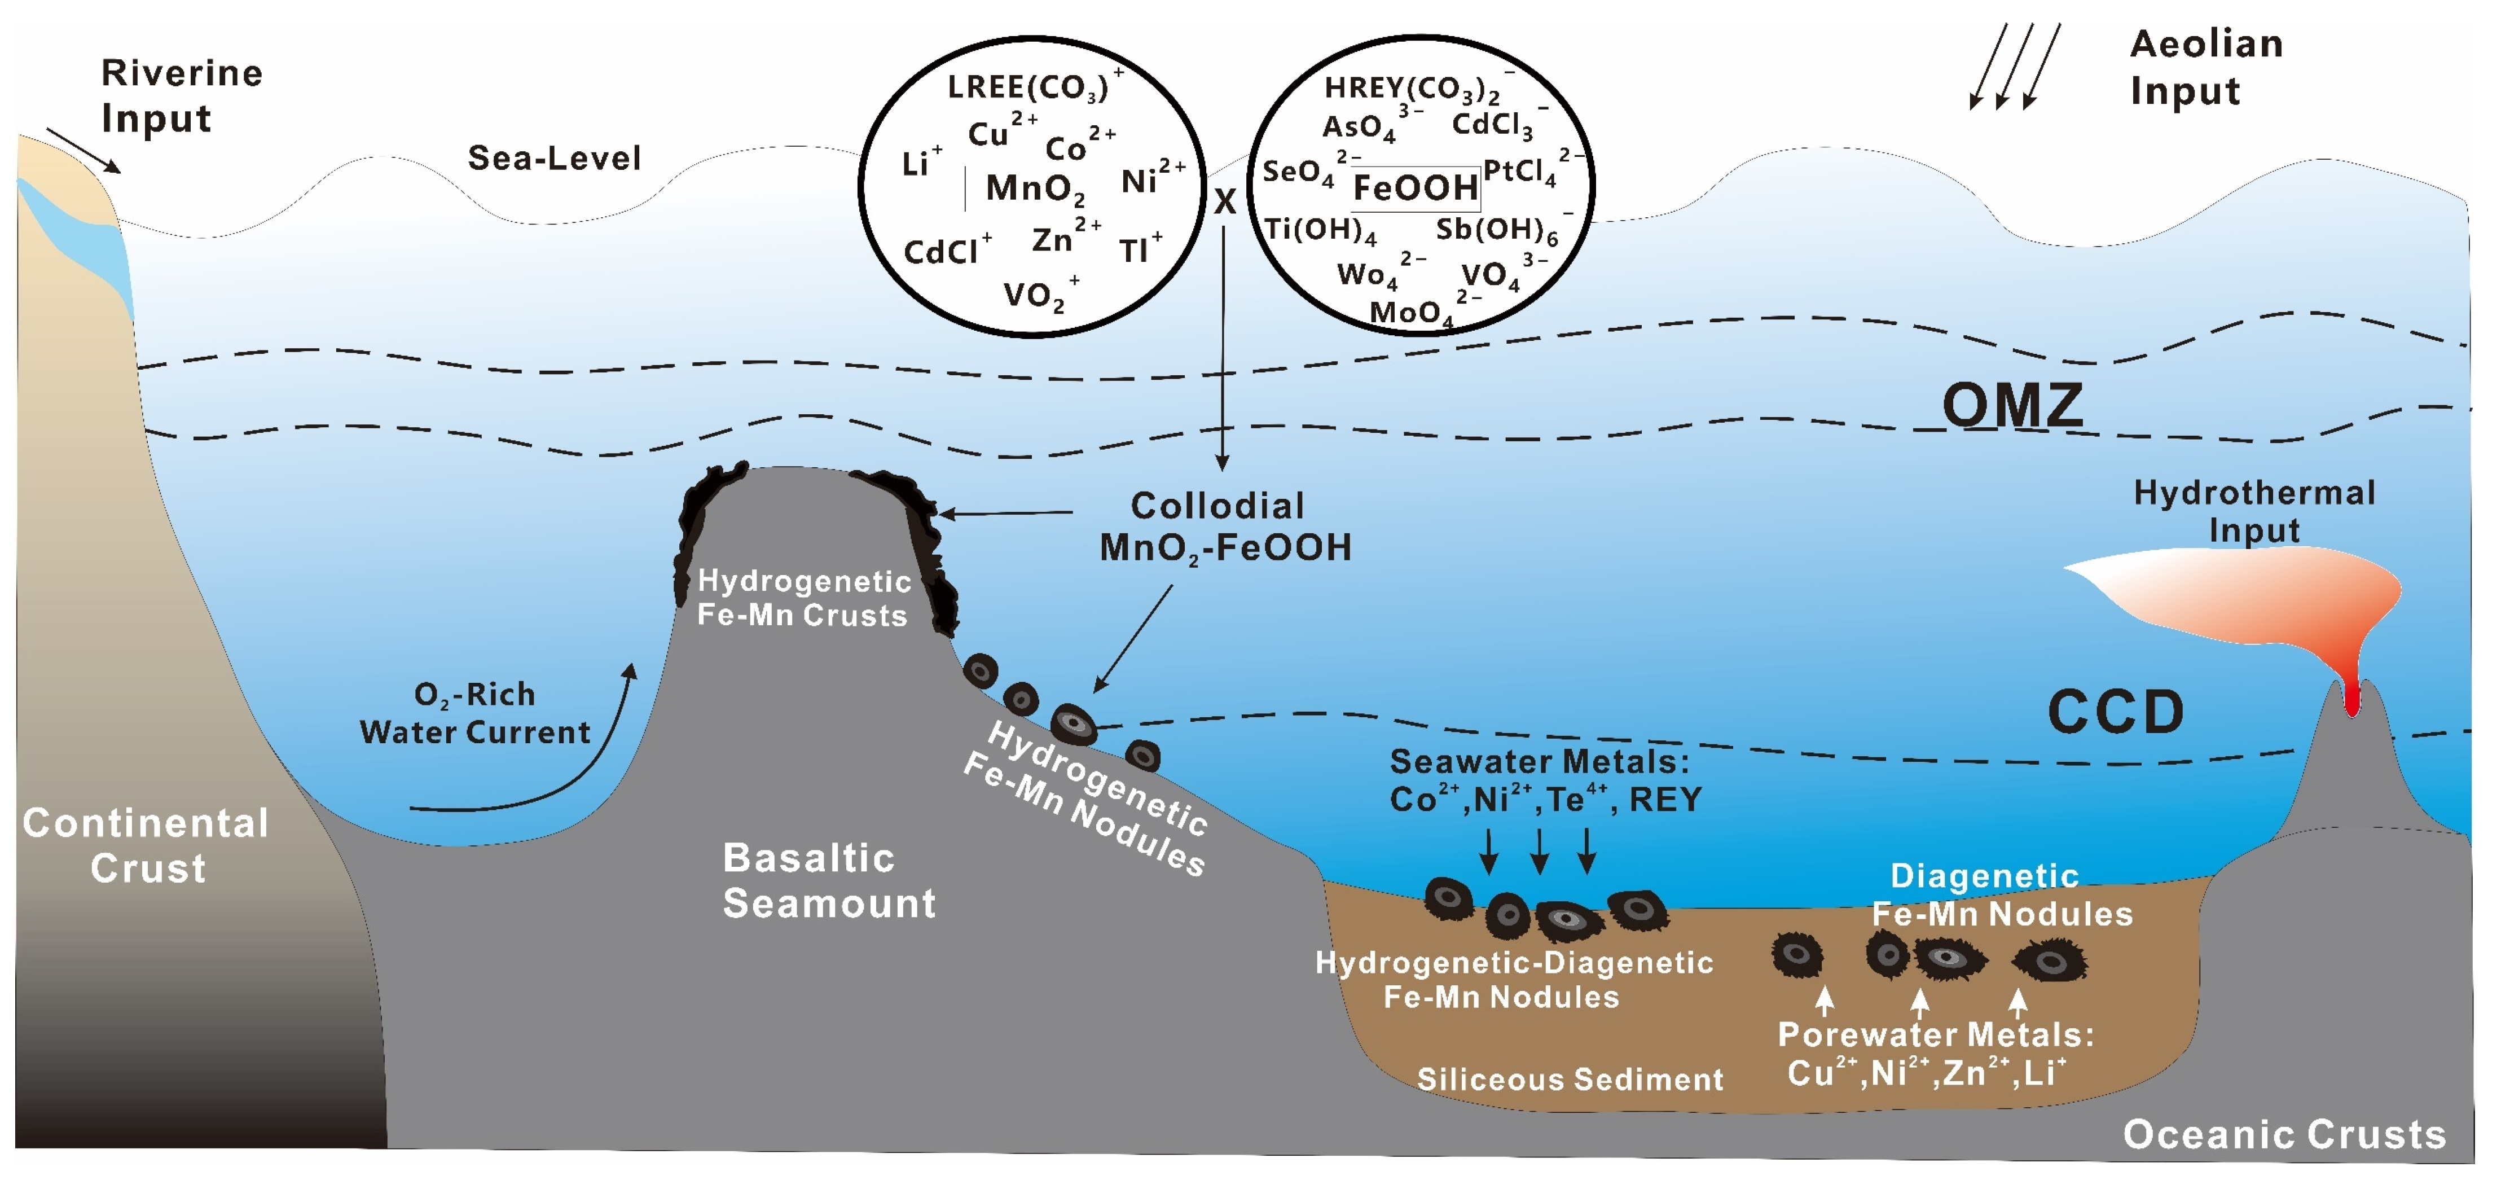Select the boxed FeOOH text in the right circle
[x=1416, y=187]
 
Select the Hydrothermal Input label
[x=2253, y=511]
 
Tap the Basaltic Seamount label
[x=828, y=880]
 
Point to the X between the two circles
[x=1224, y=201]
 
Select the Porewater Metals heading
[x=1935, y=1034]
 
